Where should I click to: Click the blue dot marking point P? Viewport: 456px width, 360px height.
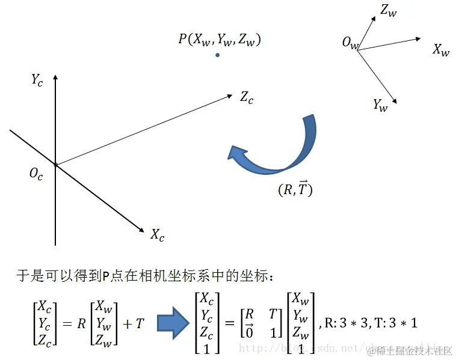coord(218,55)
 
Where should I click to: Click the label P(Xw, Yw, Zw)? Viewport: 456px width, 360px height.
coord(219,40)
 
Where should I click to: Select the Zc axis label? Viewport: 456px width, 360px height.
coord(247,97)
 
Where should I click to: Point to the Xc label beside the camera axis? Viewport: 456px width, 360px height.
coord(158,234)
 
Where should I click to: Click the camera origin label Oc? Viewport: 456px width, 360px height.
coord(36,174)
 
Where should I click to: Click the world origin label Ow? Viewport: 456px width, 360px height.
coord(350,43)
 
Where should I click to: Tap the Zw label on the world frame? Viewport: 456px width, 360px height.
coord(388,10)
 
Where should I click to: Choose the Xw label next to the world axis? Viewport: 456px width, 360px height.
coord(441,50)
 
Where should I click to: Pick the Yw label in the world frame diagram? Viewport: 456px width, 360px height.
coord(380,105)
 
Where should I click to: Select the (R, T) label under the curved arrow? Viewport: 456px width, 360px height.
coord(295,189)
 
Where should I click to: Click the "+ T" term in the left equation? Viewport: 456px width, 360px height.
coord(135,323)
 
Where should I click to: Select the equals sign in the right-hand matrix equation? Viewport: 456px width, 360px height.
coord(229,323)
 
